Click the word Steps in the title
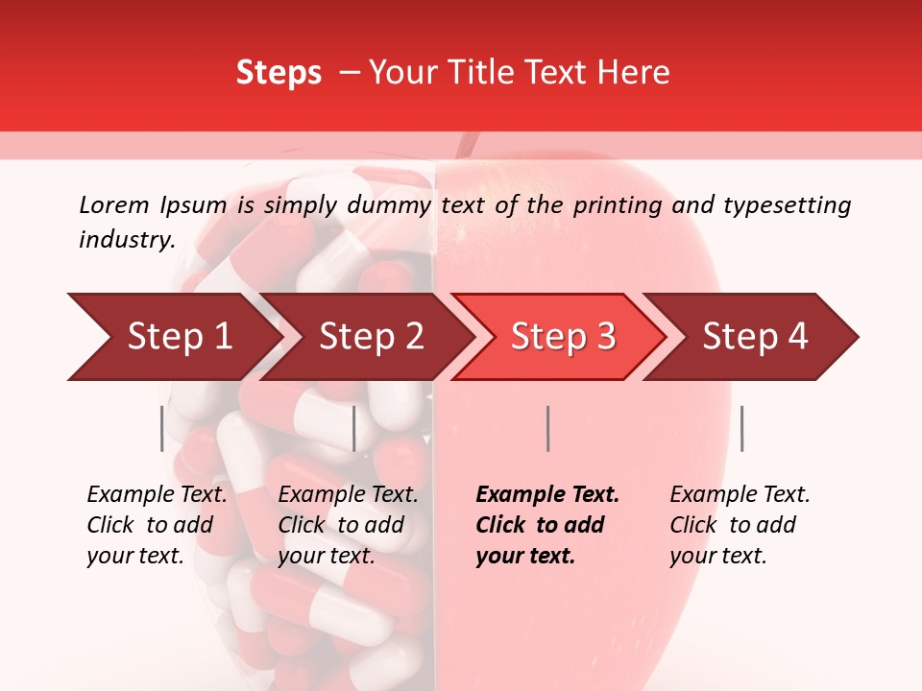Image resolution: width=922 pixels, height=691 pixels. [279, 73]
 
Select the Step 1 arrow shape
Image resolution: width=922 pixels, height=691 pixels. [173, 337]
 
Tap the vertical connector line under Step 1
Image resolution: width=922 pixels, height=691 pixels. [162, 428]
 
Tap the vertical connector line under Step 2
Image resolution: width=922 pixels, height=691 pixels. [354, 428]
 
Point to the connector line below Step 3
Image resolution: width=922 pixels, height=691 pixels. [547, 428]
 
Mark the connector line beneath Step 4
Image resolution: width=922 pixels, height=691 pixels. [741, 428]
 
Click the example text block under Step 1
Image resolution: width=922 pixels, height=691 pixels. [157, 525]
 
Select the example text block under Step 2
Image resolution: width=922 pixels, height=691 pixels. [348, 525]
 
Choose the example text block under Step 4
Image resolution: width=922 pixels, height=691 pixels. [740, 525]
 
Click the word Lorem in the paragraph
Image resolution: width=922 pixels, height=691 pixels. [113, 205]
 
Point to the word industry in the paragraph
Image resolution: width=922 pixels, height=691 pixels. [126, 239]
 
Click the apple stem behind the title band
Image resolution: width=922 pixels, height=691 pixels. [468, 145]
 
